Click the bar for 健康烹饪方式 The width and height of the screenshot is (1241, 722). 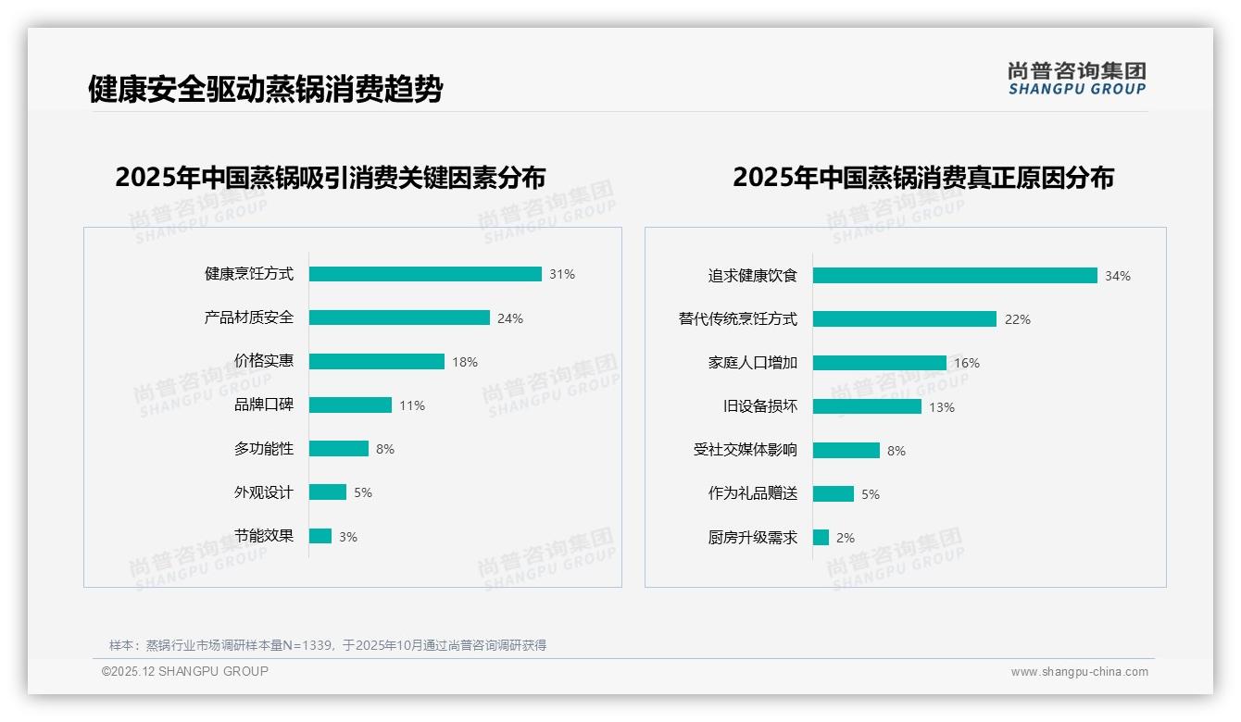pyautogui.click(x=425, y=274)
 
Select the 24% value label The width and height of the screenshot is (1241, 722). pyautogui.click(x=510, y=318)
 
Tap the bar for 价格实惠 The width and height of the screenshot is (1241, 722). pyautogui.click(x=377, y=361)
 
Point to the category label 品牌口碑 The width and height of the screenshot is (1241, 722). pyautogui.click(x=264, y=405)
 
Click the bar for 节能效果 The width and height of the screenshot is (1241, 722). pyautogui.click(x=320, y=536)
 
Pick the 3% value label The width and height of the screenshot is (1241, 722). pyautogui.click(x=348, y=537)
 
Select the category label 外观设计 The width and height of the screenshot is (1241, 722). pyautogui.click(x=264, y=492)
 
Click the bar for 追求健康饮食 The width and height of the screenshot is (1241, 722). pyautogui.click(x=955, y=275)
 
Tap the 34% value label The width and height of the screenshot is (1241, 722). pyautogui.click(x=1118, y=276)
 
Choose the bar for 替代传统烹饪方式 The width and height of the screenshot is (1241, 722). pyautogui.click(x=905, y=318)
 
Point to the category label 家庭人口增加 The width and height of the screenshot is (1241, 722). pyautogui.click(x=753, y=363)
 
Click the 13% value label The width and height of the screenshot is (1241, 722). pyautogui.click(x=942, y=407)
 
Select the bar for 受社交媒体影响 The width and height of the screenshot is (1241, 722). pyautogui.click(x=846, y=450)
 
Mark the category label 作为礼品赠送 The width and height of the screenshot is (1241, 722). pyautogui.click(x=753, y=493)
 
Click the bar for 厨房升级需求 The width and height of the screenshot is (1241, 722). pyautogui.click(x=821, y=537)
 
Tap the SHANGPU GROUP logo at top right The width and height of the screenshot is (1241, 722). pyautogui.click(x=1077, y=79)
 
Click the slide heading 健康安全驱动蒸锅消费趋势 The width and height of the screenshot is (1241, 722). pyautogui.click(x=266, y=90)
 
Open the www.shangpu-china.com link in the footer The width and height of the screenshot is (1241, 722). pyautogui.click(x=1080, y=672)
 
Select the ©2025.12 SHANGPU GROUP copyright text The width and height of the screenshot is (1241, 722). pyautogui.click(x=185, y=671)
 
